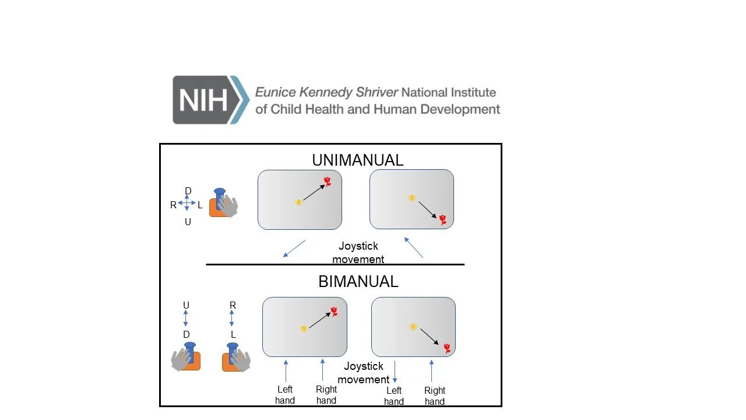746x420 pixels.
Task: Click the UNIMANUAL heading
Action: click(x=357, y=160)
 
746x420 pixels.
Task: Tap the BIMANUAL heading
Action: click(x=358, y=281)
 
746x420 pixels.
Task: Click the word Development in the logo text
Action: click(x=463, y=109)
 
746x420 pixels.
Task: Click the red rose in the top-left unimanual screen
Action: click(x=328, y=181)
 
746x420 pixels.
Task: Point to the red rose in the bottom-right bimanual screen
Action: click(x=447, y=348)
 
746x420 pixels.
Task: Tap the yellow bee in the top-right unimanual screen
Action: click(x=412, y=198)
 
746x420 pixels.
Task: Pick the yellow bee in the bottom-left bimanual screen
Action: click(x=304, y=328)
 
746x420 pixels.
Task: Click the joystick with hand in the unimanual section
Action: click(x=223, y=203)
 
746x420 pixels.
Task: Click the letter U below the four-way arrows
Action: click(x=188, y=222)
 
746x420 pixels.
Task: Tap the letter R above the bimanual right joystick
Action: click(x=233, y=305)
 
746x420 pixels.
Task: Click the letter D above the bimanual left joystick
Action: click(x=186, y=334)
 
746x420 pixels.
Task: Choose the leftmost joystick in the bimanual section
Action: click(x=186, y=357)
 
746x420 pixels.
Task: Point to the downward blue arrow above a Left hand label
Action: click(x=395, y=372)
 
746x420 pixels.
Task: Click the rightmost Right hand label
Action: click(x=435, y=395)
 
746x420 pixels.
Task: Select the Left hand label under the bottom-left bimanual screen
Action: click(x=285, y=395)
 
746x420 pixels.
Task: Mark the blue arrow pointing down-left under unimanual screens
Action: click(x=294, y=249)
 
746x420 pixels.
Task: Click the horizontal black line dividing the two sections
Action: click(x=335, y=264)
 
